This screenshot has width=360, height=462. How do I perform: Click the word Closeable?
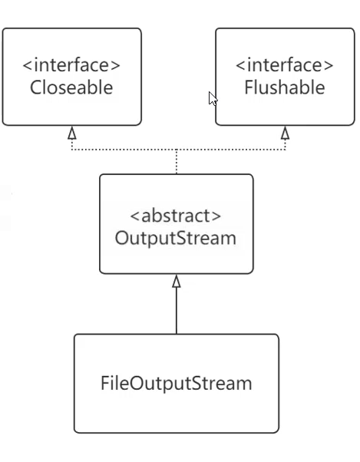tap(71, 87)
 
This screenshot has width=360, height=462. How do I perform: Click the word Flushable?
tap(285, 87)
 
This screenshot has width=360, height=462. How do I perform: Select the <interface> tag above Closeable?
tap(71, 65)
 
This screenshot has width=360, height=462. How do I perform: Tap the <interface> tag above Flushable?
tap(285, 65)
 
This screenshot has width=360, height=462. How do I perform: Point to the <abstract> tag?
tap(176, 216)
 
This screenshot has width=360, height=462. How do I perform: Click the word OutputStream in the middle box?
tap(176, 238)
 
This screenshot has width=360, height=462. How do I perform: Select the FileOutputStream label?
tap(177, 383)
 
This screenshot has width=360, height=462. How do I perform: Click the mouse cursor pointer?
tap(212, 98)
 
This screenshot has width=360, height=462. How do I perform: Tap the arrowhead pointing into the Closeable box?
tap(72, 133)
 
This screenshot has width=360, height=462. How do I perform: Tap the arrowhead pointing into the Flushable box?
tap(285, 133)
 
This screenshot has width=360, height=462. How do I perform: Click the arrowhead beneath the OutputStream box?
tap(177, 281)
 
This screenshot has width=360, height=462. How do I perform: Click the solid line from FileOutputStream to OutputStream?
tap(177, 311)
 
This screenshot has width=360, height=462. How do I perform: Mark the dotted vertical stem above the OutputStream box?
tap(177, 162)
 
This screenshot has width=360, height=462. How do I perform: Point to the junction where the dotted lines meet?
tap(177, 150)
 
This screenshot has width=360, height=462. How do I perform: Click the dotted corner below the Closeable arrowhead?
tap(72, 150)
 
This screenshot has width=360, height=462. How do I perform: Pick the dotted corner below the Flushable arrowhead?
tap(285, 150)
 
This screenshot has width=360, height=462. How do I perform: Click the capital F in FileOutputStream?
tap(105, 383)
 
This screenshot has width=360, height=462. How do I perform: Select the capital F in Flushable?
tap(249, 87)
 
